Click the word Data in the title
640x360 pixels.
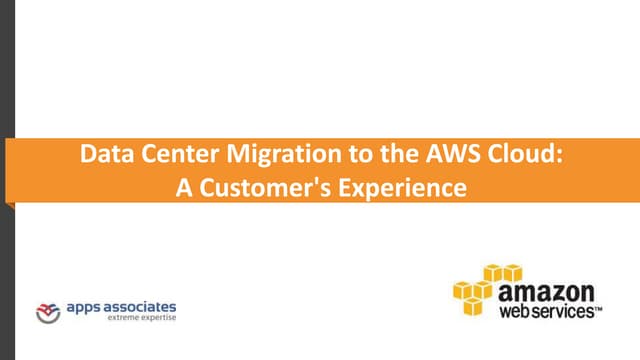[x=103, y=157]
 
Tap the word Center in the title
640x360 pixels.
[x=166, y=157]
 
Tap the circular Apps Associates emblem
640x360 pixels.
[x=47, y=312]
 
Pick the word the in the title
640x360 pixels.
[x=366, y=157]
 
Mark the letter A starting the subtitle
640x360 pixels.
[x=184, y=185]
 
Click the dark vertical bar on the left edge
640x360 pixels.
[x=5, y=180]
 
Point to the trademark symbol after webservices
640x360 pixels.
[x=599, y=311]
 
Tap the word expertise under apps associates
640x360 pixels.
[x=156, y=319]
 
